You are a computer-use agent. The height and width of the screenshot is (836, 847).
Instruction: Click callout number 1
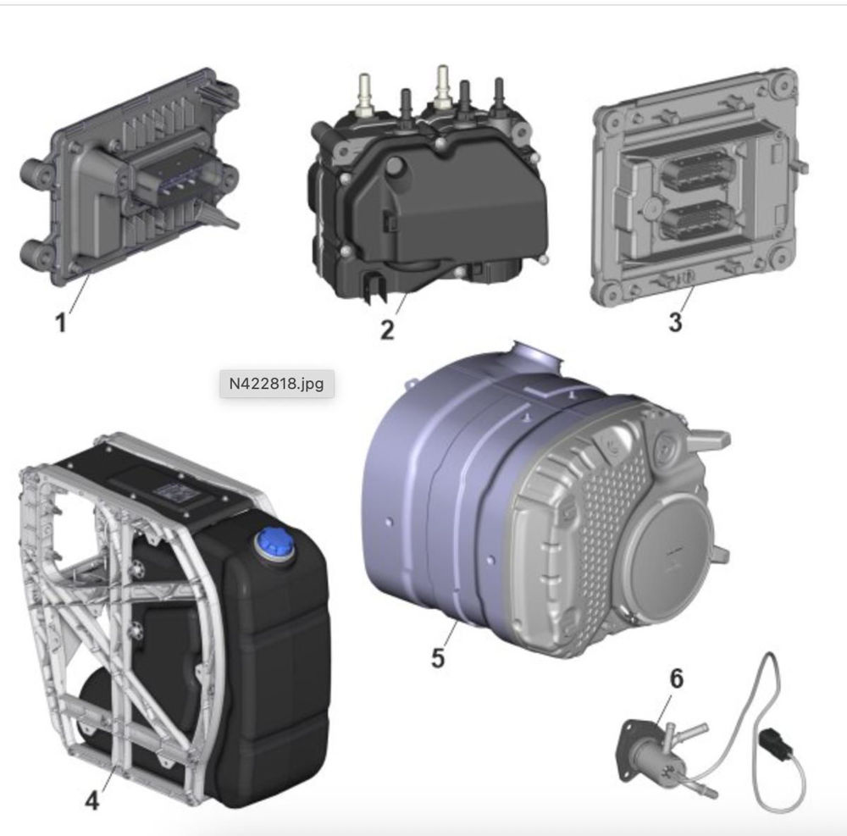pyautogui.click(x=61, y=323)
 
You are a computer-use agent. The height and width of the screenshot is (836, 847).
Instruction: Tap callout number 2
pyautogui.click(x=387, y=329)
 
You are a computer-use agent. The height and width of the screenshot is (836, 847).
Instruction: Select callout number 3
pyautogui.click(x=675, y=321)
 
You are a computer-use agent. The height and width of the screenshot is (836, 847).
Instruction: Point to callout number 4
pyautogui.click(x=92, y=800)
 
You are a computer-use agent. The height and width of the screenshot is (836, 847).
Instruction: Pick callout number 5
pyautogui.click(x=438, y=657)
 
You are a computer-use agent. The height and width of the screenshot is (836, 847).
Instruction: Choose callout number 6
pyautogui.click(x=676, y=678)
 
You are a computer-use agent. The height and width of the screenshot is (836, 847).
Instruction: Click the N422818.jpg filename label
pyautogui.click(x=277, y=384)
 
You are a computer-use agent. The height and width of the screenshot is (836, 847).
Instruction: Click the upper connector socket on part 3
pyautogui.click(x=697, y=169)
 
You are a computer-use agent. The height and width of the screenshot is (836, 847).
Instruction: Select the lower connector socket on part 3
pyautogui.click(x=697, y=220)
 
